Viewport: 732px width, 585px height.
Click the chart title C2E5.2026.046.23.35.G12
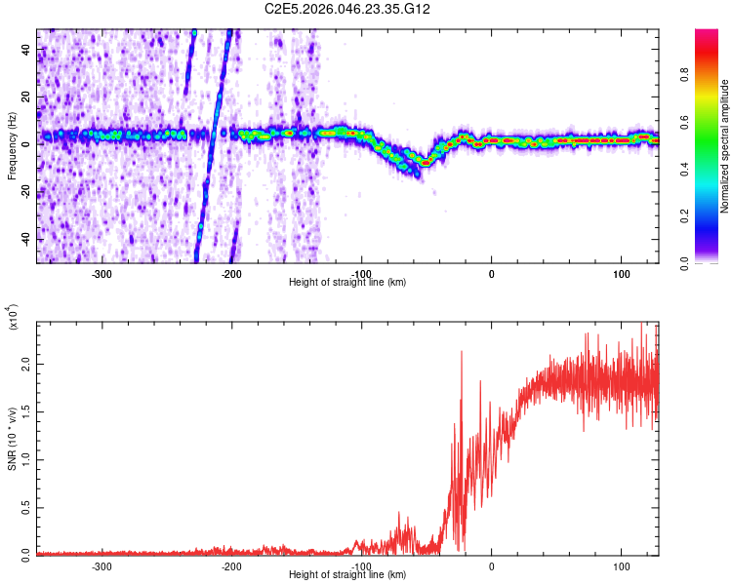click(x=347, y=9)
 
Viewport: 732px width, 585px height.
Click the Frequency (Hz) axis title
click(x=12, y=147)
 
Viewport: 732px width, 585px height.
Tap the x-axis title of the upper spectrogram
click(x=347, y=283)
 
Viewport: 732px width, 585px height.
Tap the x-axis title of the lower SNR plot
click(x=347, y=575)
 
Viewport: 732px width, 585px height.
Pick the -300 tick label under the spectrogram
click(x=102, y=274)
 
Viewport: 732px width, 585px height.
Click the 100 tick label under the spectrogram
click(x=622, y=274)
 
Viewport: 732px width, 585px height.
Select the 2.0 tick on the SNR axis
click(x=26, y=363)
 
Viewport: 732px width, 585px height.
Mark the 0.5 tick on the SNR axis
click(x=26, y=507)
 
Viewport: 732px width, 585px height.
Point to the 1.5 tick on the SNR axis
click(x=26, y=410)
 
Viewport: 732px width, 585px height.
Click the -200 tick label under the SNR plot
click(x=232, y=565)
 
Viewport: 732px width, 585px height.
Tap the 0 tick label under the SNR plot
click(x=492, y=565)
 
